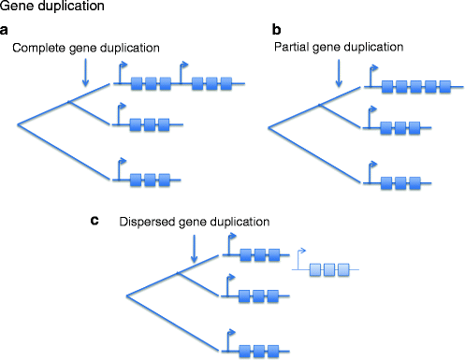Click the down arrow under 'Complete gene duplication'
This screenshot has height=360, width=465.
pyautogui.click(x=86, y=75)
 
